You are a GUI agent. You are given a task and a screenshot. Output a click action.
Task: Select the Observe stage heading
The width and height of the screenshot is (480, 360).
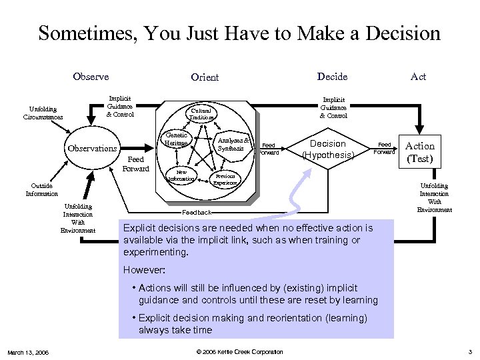(91, 77)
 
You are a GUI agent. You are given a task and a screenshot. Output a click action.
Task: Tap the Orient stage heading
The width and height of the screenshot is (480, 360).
(205, 77)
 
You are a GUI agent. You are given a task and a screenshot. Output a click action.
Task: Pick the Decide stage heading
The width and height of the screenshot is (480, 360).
(332, 77)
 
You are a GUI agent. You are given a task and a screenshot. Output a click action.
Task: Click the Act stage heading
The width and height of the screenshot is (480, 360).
(418, 77)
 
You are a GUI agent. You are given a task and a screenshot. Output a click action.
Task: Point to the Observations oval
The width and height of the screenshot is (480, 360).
(93, 149)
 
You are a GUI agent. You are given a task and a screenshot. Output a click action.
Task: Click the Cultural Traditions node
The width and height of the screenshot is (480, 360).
(201, 114)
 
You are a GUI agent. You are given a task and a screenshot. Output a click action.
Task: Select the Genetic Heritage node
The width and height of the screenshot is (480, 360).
(177, 139)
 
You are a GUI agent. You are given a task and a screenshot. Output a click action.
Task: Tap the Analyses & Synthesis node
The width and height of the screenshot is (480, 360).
(234, 144)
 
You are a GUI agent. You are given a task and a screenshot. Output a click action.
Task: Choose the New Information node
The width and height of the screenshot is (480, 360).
(181, 175)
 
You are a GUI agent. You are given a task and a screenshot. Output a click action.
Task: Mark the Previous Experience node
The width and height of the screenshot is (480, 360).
(225, 180)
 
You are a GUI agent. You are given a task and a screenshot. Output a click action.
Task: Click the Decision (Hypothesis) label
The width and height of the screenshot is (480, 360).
(328, 149)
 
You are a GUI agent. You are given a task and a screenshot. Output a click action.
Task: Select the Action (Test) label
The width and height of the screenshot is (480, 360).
(420, 152)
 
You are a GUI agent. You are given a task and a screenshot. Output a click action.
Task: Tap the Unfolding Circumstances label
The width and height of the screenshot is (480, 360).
(43, 113)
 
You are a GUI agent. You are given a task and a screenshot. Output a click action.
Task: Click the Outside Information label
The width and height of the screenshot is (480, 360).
(42, 190)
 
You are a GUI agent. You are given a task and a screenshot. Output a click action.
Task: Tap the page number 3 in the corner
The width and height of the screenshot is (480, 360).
(470, 352)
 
